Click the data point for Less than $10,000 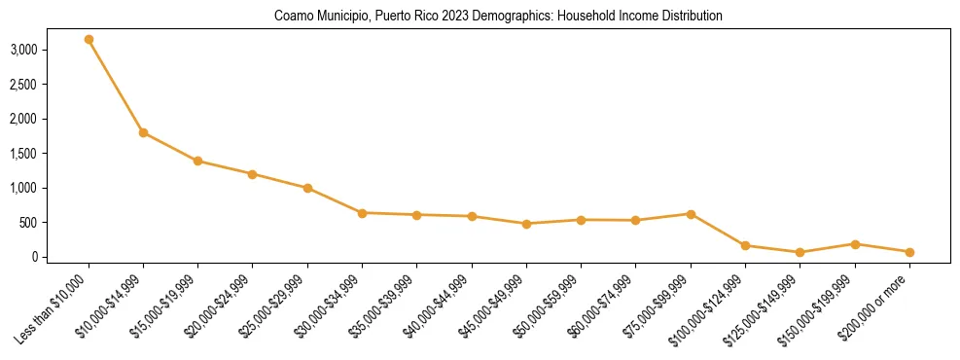[x=89, y=40]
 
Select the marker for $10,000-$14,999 [x=143, y=132]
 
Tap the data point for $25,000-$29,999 [x=307, y=188]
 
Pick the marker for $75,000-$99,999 [x=691, y=214]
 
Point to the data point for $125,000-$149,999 [x=800, y=252]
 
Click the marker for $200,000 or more [x=909, y=252]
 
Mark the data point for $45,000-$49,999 [x=526, y=224]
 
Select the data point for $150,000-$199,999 [x=855, y=244]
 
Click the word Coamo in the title [x=292, y=17]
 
